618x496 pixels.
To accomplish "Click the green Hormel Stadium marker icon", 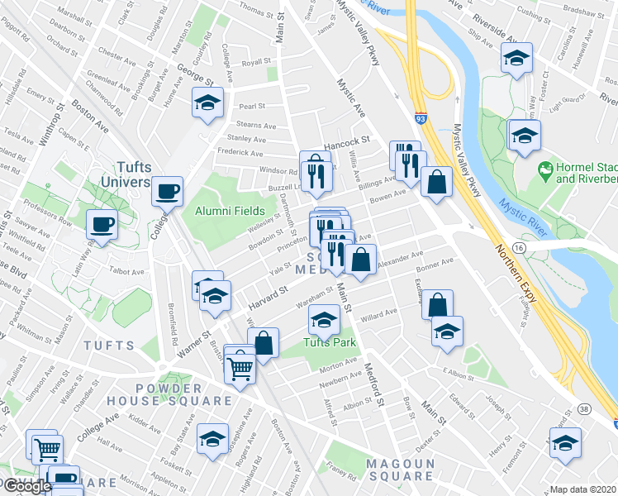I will click(x=544, y=171).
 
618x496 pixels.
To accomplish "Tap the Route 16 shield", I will click(x=519, y=247).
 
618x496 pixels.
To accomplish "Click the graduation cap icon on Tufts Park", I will click(x=324, y=318).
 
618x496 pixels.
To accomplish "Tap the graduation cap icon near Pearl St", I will click(x=208, y=103).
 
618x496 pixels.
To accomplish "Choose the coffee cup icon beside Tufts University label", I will click(x=168, y=191).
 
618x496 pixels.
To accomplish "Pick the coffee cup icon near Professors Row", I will click(x=102, y=224).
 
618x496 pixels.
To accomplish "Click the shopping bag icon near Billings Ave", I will click(x=435, y=181).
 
